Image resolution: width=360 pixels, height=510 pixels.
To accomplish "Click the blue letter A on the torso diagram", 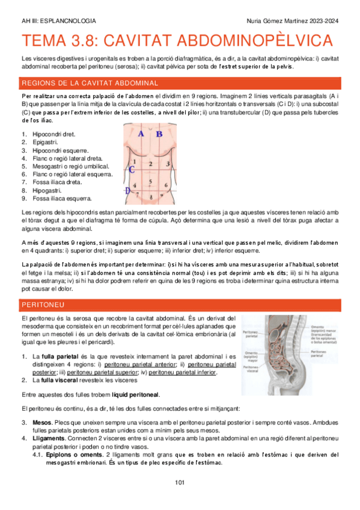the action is click(x=141, y=134).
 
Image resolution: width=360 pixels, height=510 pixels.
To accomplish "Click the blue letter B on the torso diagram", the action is click(x=159, y=134).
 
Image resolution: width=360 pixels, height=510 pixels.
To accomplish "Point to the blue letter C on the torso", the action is click(x=130, y=169).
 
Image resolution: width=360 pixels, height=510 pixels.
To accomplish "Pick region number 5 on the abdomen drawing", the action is click(x=150, y=180).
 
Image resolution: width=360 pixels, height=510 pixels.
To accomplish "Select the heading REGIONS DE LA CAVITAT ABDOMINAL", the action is click(x=81, y=83).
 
